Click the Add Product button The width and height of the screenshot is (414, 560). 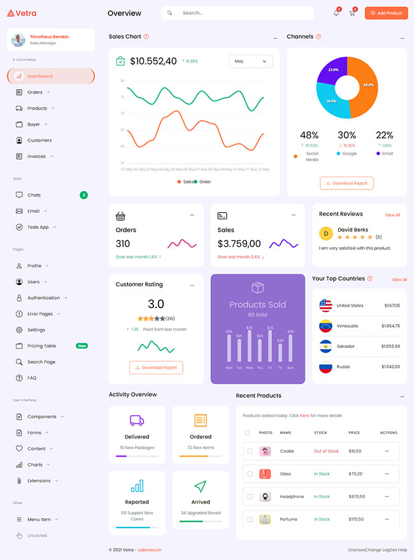point(386,13)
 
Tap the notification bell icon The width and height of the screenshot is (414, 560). point(336,13)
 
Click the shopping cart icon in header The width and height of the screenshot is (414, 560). point(352,13)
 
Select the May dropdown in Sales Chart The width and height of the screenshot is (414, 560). point(250,61)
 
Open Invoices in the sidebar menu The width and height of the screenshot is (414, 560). point(36,156)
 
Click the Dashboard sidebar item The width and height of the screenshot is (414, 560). point(51,77)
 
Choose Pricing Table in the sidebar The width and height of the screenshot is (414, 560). point(41,346)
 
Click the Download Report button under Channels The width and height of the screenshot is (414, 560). point(346,183)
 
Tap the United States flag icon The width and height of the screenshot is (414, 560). point(325,306)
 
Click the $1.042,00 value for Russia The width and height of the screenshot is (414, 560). point(390,367)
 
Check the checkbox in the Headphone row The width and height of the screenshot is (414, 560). point(250,496)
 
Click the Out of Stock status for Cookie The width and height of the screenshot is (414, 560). point(326,451)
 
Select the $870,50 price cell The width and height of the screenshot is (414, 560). point(356,496)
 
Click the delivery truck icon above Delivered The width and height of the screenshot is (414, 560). point(136,420)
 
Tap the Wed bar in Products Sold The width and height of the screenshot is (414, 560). point(249,347)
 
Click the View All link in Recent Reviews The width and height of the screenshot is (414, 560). point(392,215)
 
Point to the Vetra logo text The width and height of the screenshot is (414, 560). point(25,13)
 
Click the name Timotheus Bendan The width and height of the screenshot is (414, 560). point(49,36)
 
